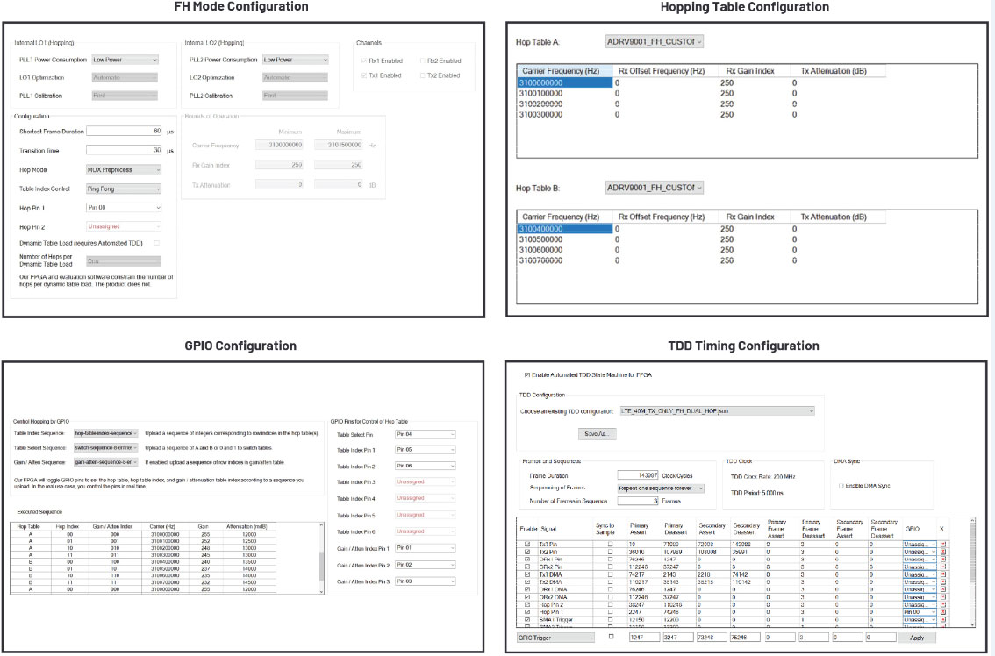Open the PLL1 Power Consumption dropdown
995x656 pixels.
click(124, 60)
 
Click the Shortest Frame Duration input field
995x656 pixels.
click(124, 131)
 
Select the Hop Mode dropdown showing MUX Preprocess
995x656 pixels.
click(124, 169)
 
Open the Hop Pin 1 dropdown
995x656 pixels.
click(124, 208)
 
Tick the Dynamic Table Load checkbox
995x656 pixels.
click(157, 242)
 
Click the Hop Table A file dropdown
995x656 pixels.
click(655, 41)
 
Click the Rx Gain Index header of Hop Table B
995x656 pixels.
click(750, 217)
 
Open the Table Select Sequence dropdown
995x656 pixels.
click(106, 447)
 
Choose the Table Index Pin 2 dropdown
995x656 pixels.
click(426, 467)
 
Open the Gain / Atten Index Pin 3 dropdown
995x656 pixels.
click(426, 581)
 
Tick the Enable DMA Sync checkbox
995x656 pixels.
click(841, 485)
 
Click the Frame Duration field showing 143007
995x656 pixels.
click(638, 474)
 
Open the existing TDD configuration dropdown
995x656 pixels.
click(716, 410)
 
